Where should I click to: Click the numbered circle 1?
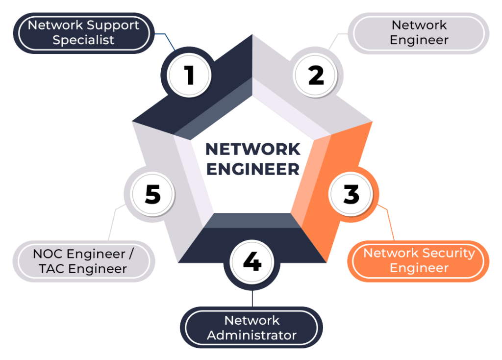[189, 76]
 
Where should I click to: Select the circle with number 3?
[351, 194]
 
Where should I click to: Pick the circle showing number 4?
[252, 262]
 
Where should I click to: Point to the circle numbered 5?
[152, 194]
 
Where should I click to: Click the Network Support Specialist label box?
[83, 32]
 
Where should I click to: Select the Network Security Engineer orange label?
[419, 260]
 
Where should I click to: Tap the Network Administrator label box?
[251, 328]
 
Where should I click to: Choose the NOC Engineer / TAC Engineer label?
[83, 261]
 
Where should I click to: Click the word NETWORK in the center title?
[252, 149]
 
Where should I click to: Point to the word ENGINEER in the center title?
[252, 169]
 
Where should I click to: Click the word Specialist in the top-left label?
[83, 40]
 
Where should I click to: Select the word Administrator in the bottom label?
[251, 335]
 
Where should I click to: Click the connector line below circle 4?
[252, 296]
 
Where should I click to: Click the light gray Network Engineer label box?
[419, 32]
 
